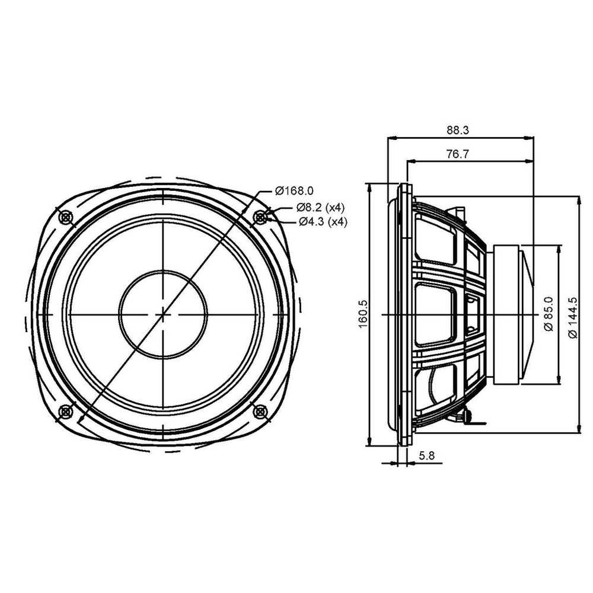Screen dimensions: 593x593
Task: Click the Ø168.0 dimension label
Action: (x=294, y=190)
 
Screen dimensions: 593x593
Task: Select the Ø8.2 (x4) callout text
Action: (x=321, y=207)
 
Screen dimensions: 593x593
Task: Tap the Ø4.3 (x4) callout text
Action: (x=323, y=222)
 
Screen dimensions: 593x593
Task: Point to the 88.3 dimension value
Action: (x=458, y=130)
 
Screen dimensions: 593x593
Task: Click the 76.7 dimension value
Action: (x=458, y=154)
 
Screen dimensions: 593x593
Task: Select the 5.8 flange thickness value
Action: (x=426, y=455)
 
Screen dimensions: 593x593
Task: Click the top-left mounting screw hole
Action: (x=66, y=218)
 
